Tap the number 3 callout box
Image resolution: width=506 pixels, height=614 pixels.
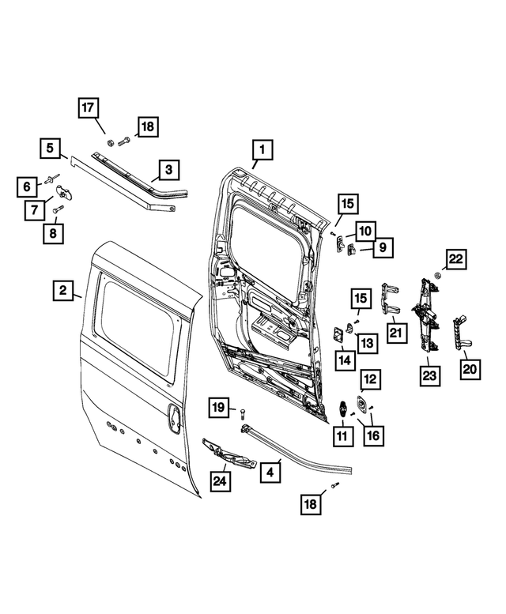point(168,169)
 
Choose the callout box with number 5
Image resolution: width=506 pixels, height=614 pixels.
point(50,148)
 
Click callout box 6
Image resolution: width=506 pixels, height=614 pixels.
point(27,187)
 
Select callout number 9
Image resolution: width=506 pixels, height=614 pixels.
point(381,247)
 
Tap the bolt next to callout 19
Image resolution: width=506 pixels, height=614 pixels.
point(243,411)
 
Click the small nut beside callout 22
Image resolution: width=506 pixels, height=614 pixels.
point(436,276)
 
